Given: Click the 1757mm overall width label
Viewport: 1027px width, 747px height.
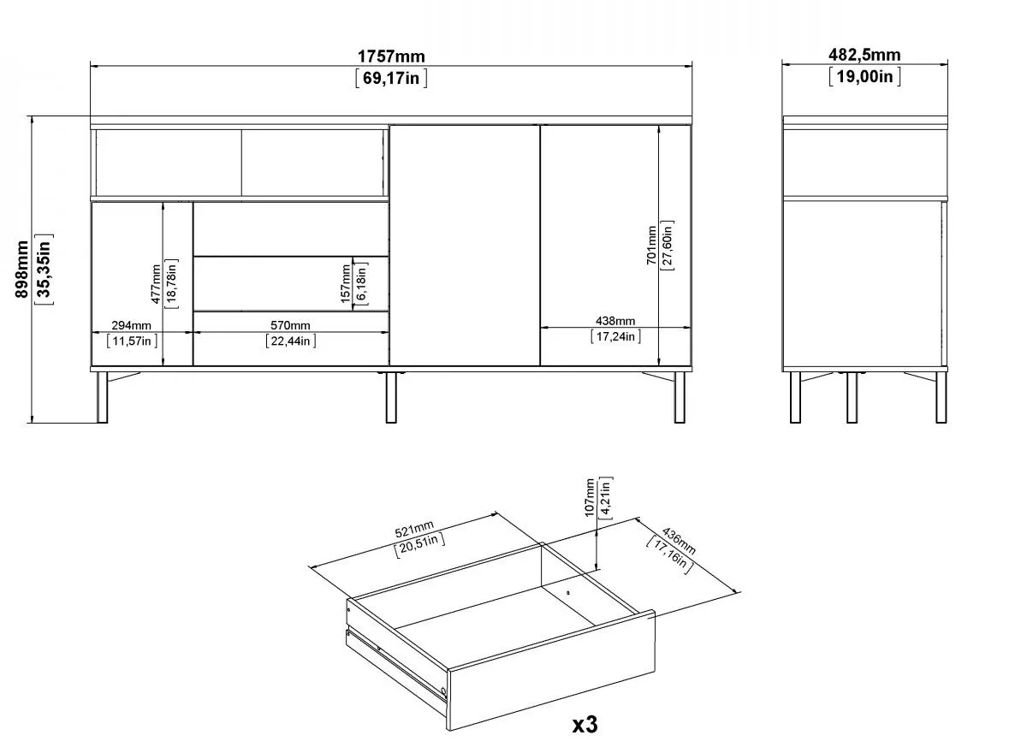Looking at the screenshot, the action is tap(391, 56).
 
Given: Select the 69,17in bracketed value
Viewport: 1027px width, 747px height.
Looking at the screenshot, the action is tap(391, 79).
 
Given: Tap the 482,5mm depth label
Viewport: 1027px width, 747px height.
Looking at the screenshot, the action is tap(864, 55).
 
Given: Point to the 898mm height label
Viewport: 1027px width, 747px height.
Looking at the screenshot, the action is tap(21, 269).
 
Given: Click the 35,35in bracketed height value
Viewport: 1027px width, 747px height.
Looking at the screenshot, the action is tap(44, 269).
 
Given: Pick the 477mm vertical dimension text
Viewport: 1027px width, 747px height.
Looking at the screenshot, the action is tap(156, 284).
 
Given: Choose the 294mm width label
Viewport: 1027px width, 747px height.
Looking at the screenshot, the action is tap(131, 325).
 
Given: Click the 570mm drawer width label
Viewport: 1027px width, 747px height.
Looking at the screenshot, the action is tap(290, 325).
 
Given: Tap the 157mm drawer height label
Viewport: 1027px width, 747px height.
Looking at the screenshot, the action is tap(345, 284).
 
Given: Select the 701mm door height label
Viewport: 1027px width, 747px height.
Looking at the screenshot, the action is tap(651, 246).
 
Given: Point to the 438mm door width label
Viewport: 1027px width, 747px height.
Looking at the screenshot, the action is tap(615, 321).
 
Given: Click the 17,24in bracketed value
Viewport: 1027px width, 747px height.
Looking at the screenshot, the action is tap(615, 337).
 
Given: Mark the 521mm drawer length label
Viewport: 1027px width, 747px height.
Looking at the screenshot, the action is tap(414, 530).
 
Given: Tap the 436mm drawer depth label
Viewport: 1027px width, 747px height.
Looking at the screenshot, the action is tap(679, 541).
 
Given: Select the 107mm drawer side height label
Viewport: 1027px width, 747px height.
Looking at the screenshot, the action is tap(590, 497).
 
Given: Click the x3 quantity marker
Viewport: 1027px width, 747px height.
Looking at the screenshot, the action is tap(585, 725).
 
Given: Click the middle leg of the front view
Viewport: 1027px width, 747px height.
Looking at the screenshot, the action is tap(390, 397).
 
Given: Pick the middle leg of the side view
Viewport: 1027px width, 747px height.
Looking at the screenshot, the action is tap(852, 397).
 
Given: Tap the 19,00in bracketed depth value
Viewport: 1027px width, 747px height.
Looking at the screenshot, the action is tap(864, 76).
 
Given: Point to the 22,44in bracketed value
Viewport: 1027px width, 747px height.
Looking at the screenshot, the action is tap(291, 341).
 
